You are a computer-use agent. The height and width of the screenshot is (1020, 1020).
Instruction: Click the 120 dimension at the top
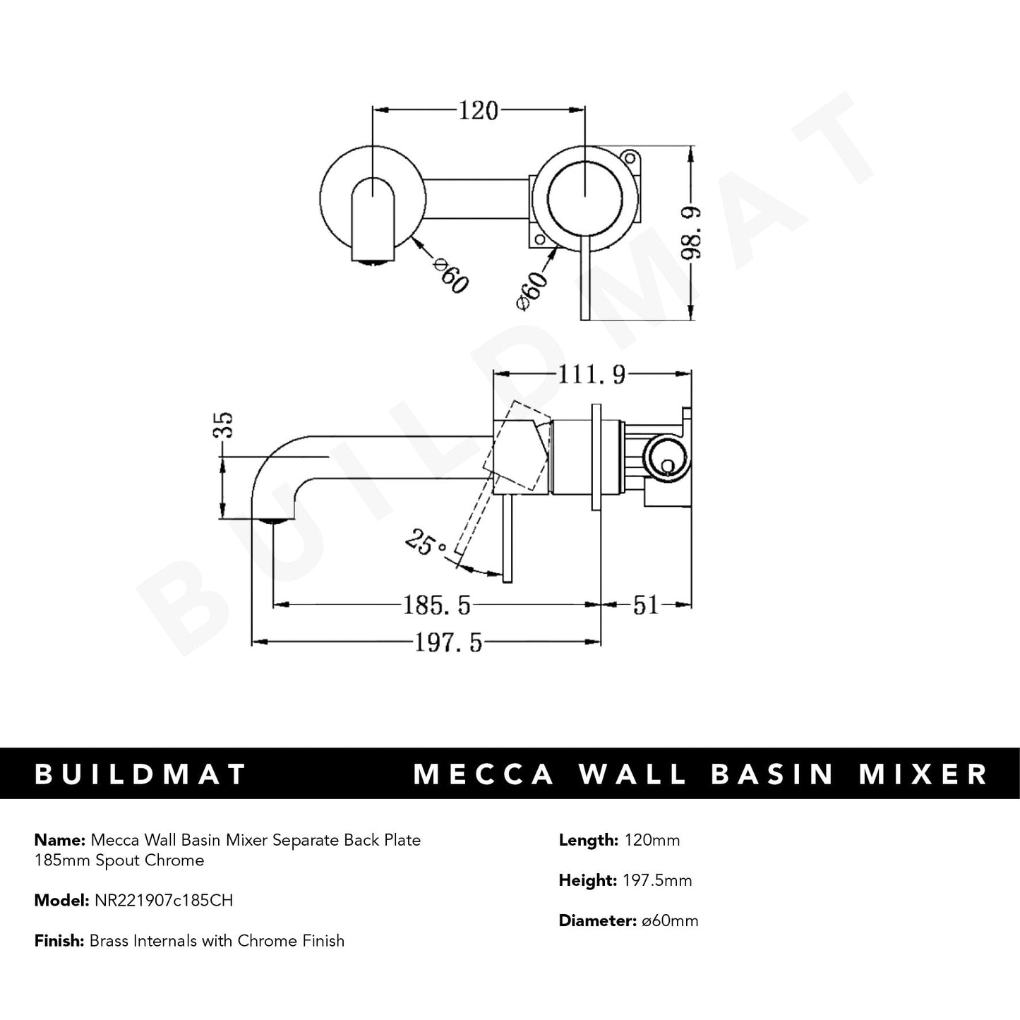(479, 111)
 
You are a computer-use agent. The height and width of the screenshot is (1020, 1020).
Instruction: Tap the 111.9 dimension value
(592, 375)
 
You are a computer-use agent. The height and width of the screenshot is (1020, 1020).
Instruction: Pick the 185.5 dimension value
(437, 605)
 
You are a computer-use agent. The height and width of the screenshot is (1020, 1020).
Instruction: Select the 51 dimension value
(645, 605)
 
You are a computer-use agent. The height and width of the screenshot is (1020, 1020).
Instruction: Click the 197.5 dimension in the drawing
(448, 643)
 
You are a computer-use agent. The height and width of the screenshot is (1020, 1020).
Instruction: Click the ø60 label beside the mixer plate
(533, 289)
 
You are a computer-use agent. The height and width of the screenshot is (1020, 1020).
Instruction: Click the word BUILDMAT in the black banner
(140, 774)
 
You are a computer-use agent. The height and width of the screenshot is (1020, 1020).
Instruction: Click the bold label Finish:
(59, 940)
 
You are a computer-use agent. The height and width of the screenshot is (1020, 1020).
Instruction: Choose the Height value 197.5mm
(657, 880)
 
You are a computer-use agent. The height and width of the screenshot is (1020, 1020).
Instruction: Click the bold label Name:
(59, 840)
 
